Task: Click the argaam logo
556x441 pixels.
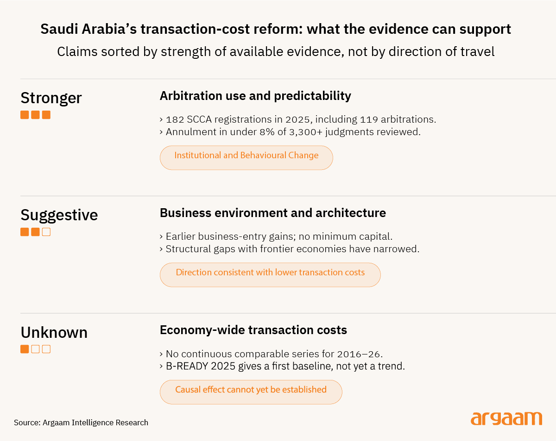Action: point(506,418)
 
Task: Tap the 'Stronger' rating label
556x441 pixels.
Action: point(51,98)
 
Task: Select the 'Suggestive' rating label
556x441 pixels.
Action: point(59,215)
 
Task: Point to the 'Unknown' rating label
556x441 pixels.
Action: point(54,332)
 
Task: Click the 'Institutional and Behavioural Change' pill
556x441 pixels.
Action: point(246,158)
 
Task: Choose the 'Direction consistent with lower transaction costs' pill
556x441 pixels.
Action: point(270,275)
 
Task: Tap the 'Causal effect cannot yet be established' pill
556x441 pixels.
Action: point(251,392)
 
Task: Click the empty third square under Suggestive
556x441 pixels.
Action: point(46,232)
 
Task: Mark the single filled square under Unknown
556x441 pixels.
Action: point(25,349)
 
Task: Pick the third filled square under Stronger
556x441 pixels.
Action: point(46,115)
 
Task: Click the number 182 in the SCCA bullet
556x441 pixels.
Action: point(175,119)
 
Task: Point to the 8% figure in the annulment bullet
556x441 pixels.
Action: point(267,132)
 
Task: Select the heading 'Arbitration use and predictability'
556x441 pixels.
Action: point(255,96)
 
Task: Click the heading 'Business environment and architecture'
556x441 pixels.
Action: point(273,213)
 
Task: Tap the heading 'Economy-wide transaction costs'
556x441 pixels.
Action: point(253,330)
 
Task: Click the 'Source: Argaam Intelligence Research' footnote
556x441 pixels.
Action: point(81,422)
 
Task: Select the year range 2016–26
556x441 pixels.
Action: point(359,354)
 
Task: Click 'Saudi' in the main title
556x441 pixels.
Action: point(59,29)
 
